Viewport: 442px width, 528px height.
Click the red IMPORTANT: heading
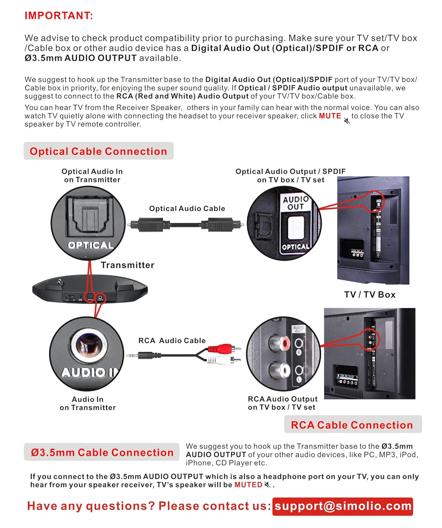click(58, 16)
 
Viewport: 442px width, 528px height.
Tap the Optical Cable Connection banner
click(98, 151)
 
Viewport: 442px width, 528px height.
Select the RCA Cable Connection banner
click(352, 425)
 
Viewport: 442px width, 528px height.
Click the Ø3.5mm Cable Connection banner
click(102, 452)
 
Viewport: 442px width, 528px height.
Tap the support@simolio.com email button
click(343, 506)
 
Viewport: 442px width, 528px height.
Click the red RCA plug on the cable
click(220, 349)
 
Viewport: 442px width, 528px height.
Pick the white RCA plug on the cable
click(220, 360)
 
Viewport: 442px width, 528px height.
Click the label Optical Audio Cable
click(187, 208)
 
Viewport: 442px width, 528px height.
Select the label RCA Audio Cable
click(172, 340)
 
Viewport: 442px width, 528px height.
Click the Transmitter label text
click(127, 265)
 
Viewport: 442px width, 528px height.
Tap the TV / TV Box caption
click(370, 295)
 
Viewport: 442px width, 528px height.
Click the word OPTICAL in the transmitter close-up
click(91, 245)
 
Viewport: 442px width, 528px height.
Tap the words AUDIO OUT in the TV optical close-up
click(296, 203)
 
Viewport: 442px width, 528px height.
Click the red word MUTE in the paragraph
click(330, 116)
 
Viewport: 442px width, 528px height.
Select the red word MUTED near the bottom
click(248, 485)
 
